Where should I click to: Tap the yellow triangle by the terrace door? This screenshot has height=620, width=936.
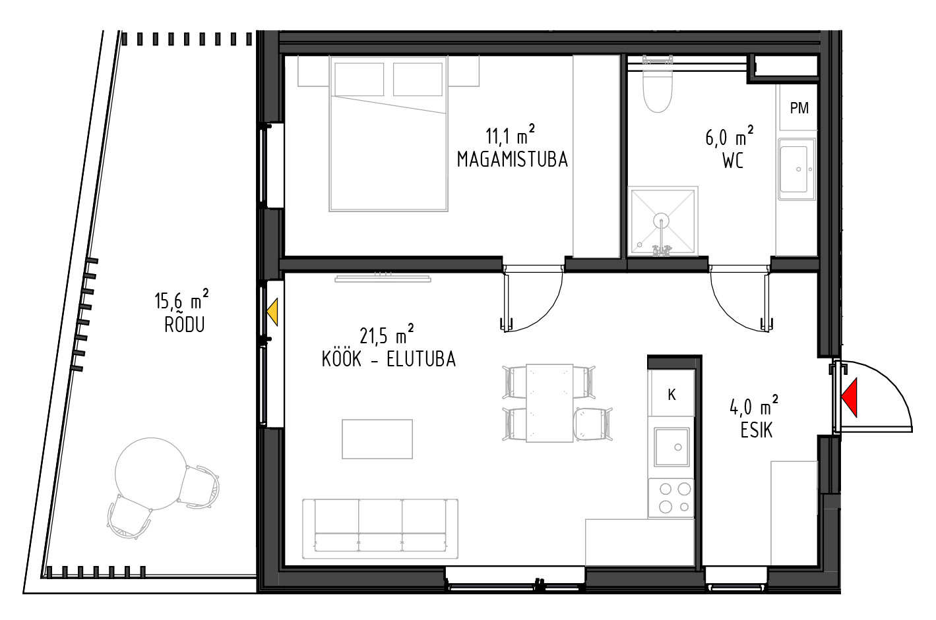(273, 312)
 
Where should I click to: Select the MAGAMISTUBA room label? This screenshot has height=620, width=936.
(513, 159)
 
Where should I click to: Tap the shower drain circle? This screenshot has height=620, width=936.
(661, 220)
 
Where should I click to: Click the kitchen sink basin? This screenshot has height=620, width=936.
(671, 447)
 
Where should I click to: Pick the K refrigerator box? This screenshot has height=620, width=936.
(671, 393)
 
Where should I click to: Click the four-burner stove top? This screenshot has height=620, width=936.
(671, 499)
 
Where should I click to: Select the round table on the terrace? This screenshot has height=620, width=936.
(151, 474)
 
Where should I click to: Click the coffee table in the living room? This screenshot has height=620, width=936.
(377, 439)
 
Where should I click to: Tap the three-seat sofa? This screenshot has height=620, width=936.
(380, 528)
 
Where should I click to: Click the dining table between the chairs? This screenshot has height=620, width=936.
(549, 403)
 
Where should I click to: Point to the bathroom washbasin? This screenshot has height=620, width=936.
(797, 169)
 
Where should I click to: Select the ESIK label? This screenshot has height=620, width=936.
(757, 431)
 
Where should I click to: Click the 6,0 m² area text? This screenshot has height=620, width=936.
(729, 136)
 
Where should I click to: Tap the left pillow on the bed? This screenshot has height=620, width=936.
(359, 79)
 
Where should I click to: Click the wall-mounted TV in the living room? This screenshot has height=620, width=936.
(383, 279)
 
